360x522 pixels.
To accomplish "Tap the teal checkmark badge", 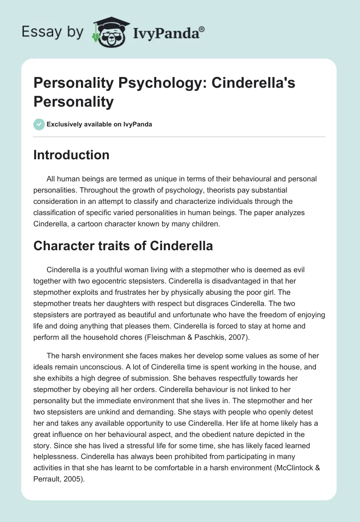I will click(x=39, y=124).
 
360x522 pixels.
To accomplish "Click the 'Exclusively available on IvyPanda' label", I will click(x=100, y=125).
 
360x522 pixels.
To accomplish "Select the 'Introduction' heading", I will click(x=71, y=155).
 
